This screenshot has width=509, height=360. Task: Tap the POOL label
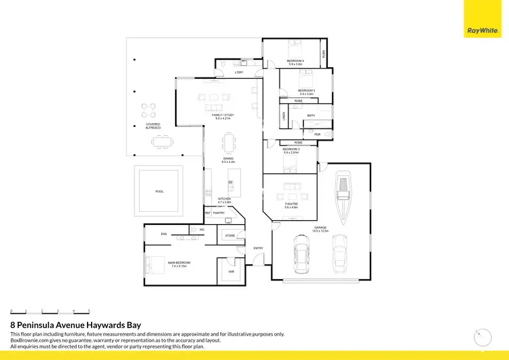pyautogui.click(x=159, y=192)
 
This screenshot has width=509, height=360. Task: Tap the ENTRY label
pyautogui.click(x=258, y=248)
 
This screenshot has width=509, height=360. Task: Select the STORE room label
pyautogui.click(x=230, y=236)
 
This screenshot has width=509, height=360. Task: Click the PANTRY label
pyautogui.click(x=219, y=213)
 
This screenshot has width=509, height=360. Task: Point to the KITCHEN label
pyautogui.click(x=225, y=199)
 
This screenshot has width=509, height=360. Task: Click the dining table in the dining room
pyautogui.click(x=230, y=143)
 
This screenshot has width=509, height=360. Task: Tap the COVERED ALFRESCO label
pyautogui.click(x=153, y=126)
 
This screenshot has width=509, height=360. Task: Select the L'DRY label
pyautogui.click(x=239, y=72)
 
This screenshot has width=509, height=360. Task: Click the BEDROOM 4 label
pyautogui.click(x=295, y=61)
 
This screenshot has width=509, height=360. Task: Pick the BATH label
pyautogui.click(x=311, y=115)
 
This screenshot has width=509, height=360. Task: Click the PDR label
pyautogui.click(x=317, y=134)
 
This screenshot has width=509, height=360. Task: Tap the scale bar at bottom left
pyautogui.click(x=50, y=310)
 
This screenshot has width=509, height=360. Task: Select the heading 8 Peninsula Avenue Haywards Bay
pyautogui.click(x=75, y=325)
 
